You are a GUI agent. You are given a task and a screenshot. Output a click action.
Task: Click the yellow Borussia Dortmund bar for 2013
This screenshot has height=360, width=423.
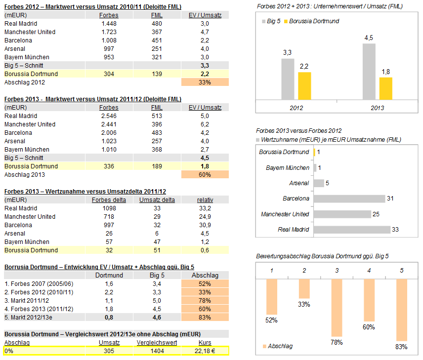pos(385,88)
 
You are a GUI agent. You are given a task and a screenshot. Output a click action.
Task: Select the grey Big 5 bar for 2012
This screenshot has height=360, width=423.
pos(288,79)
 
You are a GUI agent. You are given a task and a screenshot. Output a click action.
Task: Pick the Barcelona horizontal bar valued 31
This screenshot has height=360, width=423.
pos(349,199)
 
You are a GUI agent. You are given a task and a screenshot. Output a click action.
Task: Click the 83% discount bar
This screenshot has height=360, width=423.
pos(401,310)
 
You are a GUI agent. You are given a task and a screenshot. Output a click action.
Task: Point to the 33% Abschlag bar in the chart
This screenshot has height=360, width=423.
pos(304,288)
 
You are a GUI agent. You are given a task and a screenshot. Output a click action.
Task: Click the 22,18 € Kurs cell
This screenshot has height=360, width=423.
pos(205,351)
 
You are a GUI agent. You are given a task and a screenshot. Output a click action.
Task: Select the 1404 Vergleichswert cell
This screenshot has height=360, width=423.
pos(157,351)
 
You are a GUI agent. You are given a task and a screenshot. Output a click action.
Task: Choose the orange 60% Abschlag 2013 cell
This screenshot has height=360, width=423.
pos(205,175)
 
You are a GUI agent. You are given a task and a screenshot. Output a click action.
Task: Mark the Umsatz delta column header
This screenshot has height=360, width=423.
pos(157,200)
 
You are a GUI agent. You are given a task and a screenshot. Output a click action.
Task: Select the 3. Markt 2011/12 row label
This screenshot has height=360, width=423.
pos(27,301)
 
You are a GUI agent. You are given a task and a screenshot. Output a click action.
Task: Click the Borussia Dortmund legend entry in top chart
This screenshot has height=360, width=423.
pos(314,21)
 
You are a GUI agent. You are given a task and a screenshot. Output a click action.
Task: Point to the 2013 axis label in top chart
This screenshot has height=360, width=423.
pos(377,107)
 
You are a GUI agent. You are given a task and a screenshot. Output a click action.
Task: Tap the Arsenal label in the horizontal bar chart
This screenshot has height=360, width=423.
pos(299,183)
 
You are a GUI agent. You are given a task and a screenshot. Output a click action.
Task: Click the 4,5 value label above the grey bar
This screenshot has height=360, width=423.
pos(369,38)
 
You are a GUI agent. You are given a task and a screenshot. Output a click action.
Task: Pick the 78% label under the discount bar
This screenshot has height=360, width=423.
pos(337,342)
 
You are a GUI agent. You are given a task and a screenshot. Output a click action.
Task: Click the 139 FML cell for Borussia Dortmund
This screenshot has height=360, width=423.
pos(157,74)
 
